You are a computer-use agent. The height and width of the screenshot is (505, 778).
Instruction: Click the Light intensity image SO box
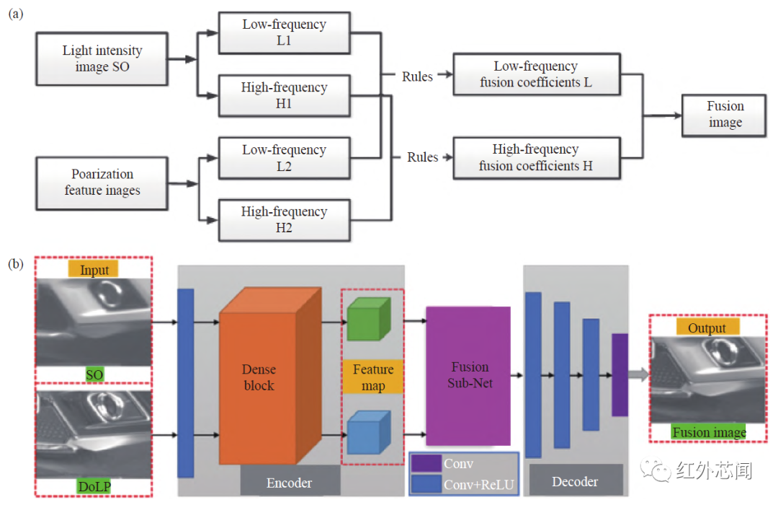click(102, 59)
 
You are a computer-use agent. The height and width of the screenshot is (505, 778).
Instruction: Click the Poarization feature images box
click(102, 183)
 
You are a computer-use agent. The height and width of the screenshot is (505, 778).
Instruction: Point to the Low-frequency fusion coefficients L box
click(536, 74)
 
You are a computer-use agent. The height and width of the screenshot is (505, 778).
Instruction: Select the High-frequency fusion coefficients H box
click(536, 158)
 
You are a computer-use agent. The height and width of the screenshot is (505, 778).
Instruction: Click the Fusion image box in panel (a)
click(725, 115)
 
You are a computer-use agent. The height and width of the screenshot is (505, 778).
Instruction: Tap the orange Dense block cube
click(259, 379)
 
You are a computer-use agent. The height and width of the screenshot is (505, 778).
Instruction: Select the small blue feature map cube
click(368, 433)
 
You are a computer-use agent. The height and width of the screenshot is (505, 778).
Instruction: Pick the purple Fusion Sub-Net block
click(468, 375)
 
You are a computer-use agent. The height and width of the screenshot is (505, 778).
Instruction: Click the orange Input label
click(94, 270)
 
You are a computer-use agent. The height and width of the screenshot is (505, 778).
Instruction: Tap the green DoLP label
click(94, 487)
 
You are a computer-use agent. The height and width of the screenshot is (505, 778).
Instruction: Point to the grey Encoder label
click(290, 481)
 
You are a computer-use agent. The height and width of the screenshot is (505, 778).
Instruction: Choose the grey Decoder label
click(575, 481)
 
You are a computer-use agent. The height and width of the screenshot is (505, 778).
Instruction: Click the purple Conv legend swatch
click(426, 464)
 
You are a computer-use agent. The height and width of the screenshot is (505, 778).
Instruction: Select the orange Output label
click(707, 328)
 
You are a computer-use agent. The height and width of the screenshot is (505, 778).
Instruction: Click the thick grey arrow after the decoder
click(638, 374)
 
